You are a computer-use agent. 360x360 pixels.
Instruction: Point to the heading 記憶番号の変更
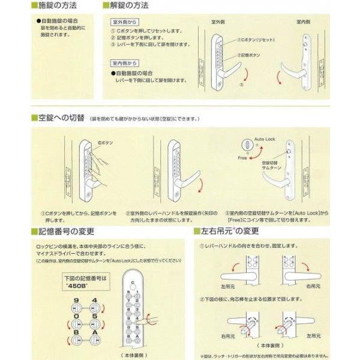[x=66, y=231]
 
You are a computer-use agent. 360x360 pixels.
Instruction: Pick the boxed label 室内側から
[x=124, y=62]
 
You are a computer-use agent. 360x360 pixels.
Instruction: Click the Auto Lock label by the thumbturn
[x=266, y=137]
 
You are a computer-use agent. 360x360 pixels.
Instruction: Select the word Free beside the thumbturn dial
[x=242, y=159]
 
